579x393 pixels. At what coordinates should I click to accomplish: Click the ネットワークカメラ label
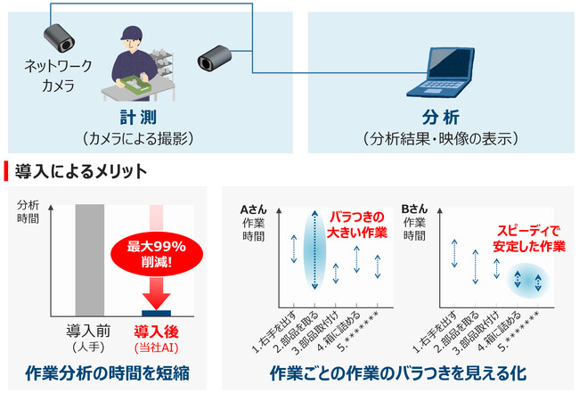click(51, 77)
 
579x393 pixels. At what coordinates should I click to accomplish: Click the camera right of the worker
click(216, 58)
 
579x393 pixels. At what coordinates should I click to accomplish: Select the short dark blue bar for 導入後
click(157, 313)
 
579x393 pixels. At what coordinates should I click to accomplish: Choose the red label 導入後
click(157, 331)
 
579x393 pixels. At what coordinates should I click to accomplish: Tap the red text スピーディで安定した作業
click(530, 238)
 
